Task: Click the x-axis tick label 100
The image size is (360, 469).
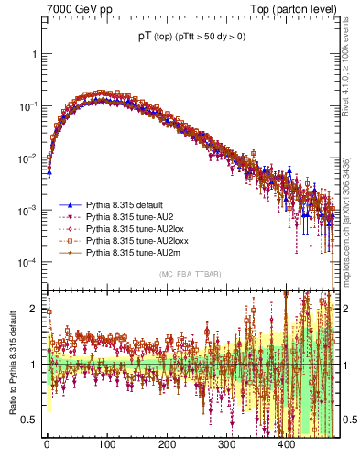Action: pos(106,444)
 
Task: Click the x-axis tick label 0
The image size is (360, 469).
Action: pos(47,444)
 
